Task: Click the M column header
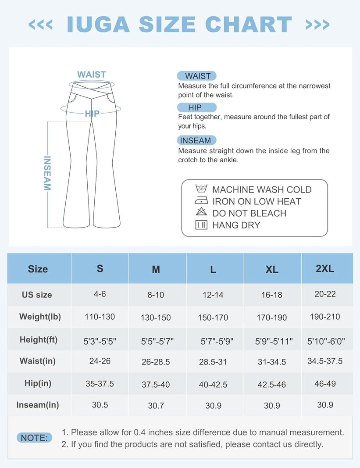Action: [x=156, y=269]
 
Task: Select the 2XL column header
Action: [x=325, y=268]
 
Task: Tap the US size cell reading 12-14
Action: [x=213, y=295]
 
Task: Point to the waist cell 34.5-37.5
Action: [x=325, y=361]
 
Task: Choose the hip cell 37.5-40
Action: [x=156, y=384]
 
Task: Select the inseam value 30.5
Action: [x=100, y=405]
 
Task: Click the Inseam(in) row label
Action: [x=38, y=405]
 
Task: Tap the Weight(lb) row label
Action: [x=40, y=317]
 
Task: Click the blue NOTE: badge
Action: [x=34, y=438]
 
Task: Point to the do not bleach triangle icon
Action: [x=201, y=213]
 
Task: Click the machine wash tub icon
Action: [x=201, y=189]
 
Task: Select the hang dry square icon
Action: [x=201, y=225]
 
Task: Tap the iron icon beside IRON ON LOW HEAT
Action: [x=201, y=201]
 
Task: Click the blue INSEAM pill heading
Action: [x=197, y=140]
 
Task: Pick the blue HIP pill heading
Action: [x=196, y=107]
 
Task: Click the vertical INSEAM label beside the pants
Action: [x=47, y=173]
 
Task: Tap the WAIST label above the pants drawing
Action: [x=92, y=75]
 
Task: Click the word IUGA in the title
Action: [x=98, y=25]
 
